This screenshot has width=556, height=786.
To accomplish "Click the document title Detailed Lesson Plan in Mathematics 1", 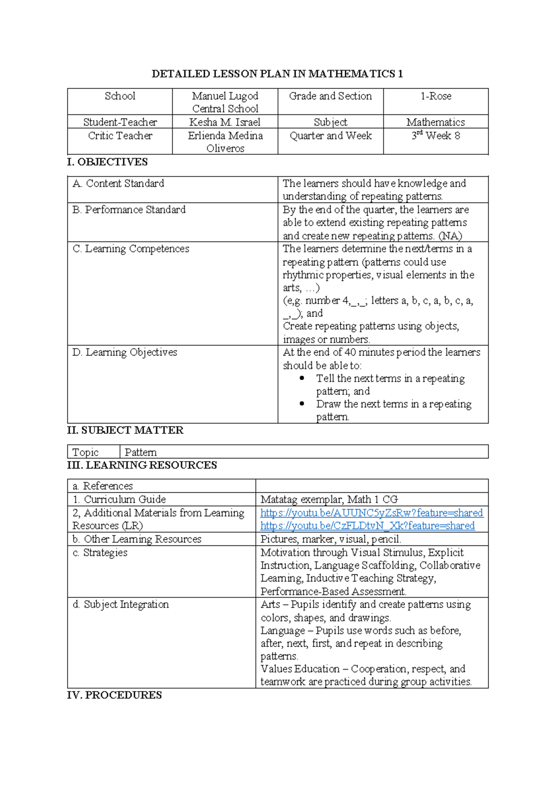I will (x=277, y=74).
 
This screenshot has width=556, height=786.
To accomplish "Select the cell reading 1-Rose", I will (x=436, y=96).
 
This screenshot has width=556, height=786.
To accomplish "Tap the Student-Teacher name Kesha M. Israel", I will (x=225, y=122).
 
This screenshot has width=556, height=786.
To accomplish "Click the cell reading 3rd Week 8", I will (x=436, y=136).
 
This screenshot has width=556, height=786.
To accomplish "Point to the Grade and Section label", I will (x=330, y=96).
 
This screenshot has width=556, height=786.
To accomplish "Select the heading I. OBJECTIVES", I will (x=107, y=162).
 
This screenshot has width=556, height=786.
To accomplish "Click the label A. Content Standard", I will (x=118, y=184).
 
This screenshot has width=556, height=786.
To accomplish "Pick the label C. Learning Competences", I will (x=131, y=249).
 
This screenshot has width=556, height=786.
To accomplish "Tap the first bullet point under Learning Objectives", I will (x=302, y=378).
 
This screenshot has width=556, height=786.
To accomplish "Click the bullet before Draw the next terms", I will (x=302, y=404).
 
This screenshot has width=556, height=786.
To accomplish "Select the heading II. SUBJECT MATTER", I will (x=125, y=430).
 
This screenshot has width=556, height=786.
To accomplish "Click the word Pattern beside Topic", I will (x=140, y=452).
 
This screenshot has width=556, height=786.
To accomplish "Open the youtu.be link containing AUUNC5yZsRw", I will (x=371, y=513).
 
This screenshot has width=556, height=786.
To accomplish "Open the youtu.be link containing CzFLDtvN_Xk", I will (x=367, y=526).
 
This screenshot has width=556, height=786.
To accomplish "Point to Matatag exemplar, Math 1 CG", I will (x=329, y=500).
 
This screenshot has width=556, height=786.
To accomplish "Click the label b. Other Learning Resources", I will (x=137, y=539).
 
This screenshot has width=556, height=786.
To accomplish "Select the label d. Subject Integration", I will (x=120, y=604).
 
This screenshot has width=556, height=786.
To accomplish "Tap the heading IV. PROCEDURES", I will (x=114, y=695).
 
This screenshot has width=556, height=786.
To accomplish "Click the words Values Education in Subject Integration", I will (x=300, y=669).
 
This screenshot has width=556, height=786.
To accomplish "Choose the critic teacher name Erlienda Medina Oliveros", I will (x=225, y=142).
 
